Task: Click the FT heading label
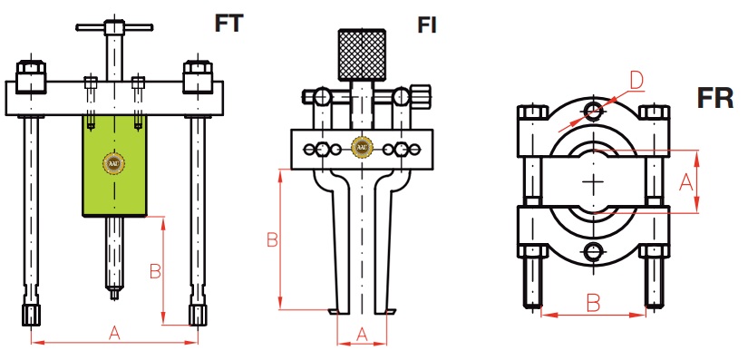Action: click(229, 24)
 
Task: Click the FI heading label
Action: click(427, 25)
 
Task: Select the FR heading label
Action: click(715, 98)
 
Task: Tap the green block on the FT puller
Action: click(114, 165)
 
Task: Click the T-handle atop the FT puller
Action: click(114, 27)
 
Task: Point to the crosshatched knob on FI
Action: click(362, 54)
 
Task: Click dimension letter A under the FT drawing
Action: click(114, 334)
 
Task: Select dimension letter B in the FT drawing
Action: click(156, 271)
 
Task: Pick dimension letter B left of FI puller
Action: click(272, 239)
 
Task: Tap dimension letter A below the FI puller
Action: click(362, 335)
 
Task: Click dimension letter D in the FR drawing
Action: click(636, 81)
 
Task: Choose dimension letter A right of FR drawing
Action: click(686, 181)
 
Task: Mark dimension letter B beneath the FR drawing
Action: click(593, 303)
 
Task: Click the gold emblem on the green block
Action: click(114, 164)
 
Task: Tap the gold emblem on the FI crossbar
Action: click(362, 147)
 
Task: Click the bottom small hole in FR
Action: click(593, 251)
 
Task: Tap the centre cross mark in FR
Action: click(593, 181)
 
